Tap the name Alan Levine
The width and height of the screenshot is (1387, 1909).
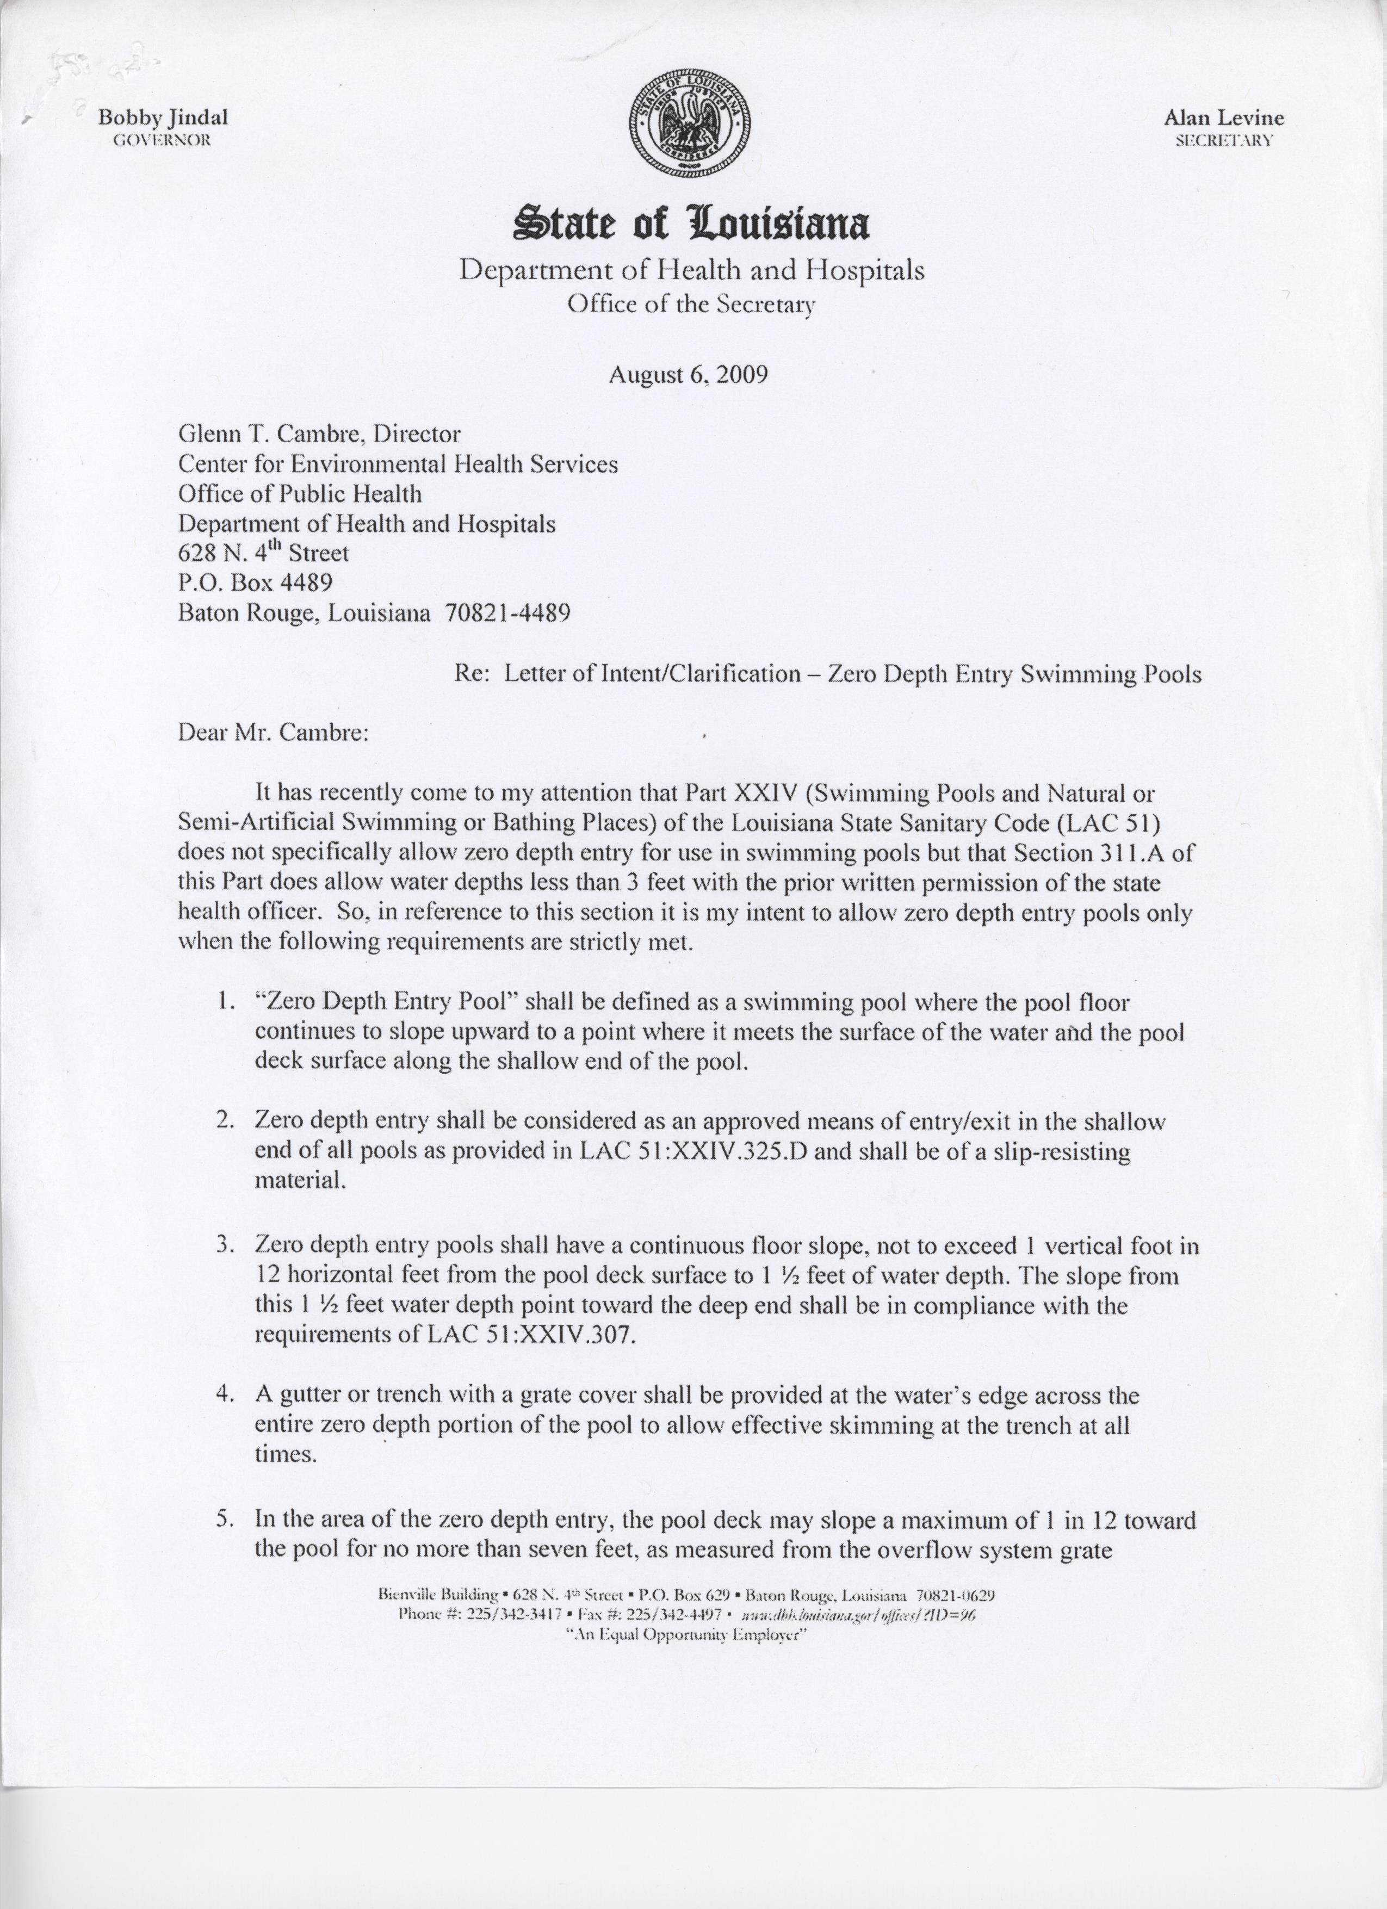[1224, 118]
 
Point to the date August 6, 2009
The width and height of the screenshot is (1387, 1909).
[689, 374]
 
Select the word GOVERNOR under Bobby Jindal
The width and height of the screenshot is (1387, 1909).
[161, 140]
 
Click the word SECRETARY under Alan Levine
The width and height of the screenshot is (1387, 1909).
[1224, 140]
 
